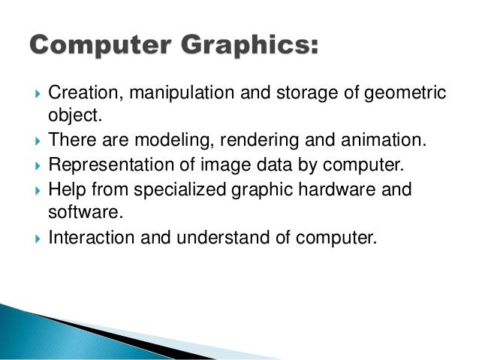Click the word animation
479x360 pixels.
tap(361, 141)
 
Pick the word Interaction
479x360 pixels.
tap(85, 238)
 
